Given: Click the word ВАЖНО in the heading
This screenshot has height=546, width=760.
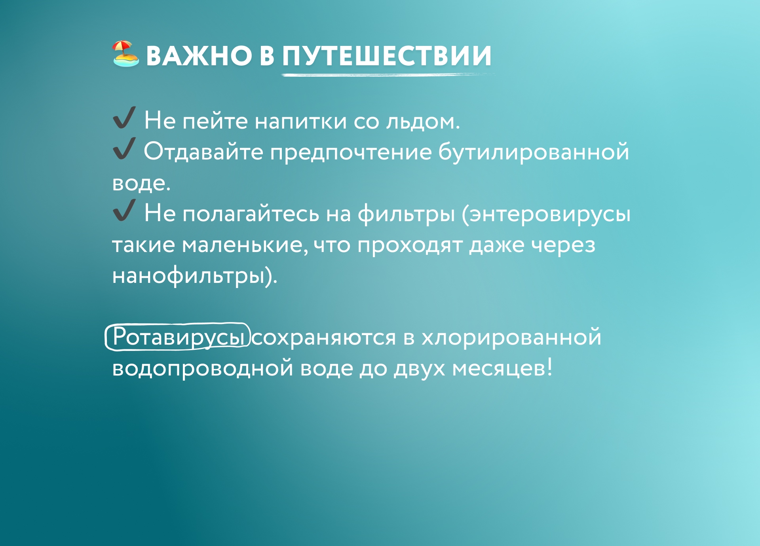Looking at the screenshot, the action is coord(199,55).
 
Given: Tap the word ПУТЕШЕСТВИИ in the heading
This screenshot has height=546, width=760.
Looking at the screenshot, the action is coord(387,55).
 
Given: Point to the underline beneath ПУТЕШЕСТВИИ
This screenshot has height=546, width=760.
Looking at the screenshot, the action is coord(388,74).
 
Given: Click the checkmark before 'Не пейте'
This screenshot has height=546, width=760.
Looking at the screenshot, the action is coord(124,118).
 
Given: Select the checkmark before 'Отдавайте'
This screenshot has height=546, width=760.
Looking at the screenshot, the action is coord(124,148).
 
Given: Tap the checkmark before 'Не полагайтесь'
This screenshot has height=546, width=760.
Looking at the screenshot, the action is coord(124,210).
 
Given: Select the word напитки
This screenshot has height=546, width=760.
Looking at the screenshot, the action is coord(301,121).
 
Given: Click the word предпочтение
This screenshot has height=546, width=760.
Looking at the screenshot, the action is coord(351,153).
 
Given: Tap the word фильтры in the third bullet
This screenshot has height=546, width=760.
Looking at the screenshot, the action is coord(407,214).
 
